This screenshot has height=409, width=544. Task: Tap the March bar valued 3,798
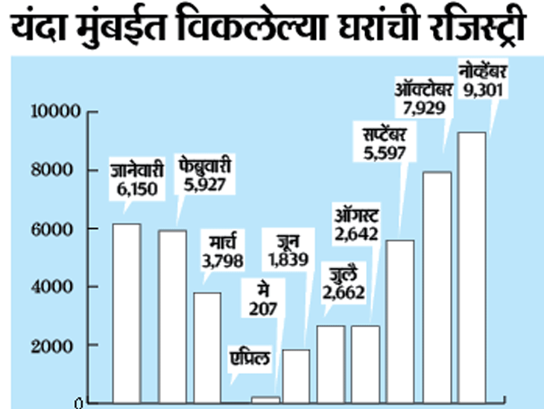(x=208, y=347)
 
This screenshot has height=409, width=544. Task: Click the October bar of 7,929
(x=437, y=287)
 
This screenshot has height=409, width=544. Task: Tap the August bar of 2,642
(x=366, y=363)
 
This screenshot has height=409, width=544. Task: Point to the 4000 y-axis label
(x=57, y=287)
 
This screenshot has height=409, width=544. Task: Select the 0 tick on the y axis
(x=77, y=404)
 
